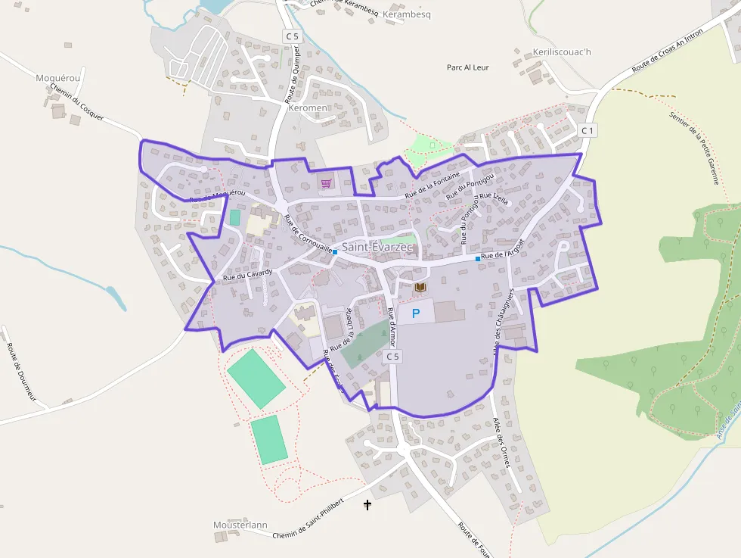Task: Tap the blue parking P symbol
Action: point(415,313)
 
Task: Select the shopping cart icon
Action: point(326,183)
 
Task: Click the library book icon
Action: point(420,288)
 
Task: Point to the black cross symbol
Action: point(368,504)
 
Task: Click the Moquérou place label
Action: point(57,77)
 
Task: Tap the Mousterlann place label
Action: point(240,525)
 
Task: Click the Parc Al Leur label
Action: point(468,67)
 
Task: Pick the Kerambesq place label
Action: point(407,14)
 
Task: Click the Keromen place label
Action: point(308,108)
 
